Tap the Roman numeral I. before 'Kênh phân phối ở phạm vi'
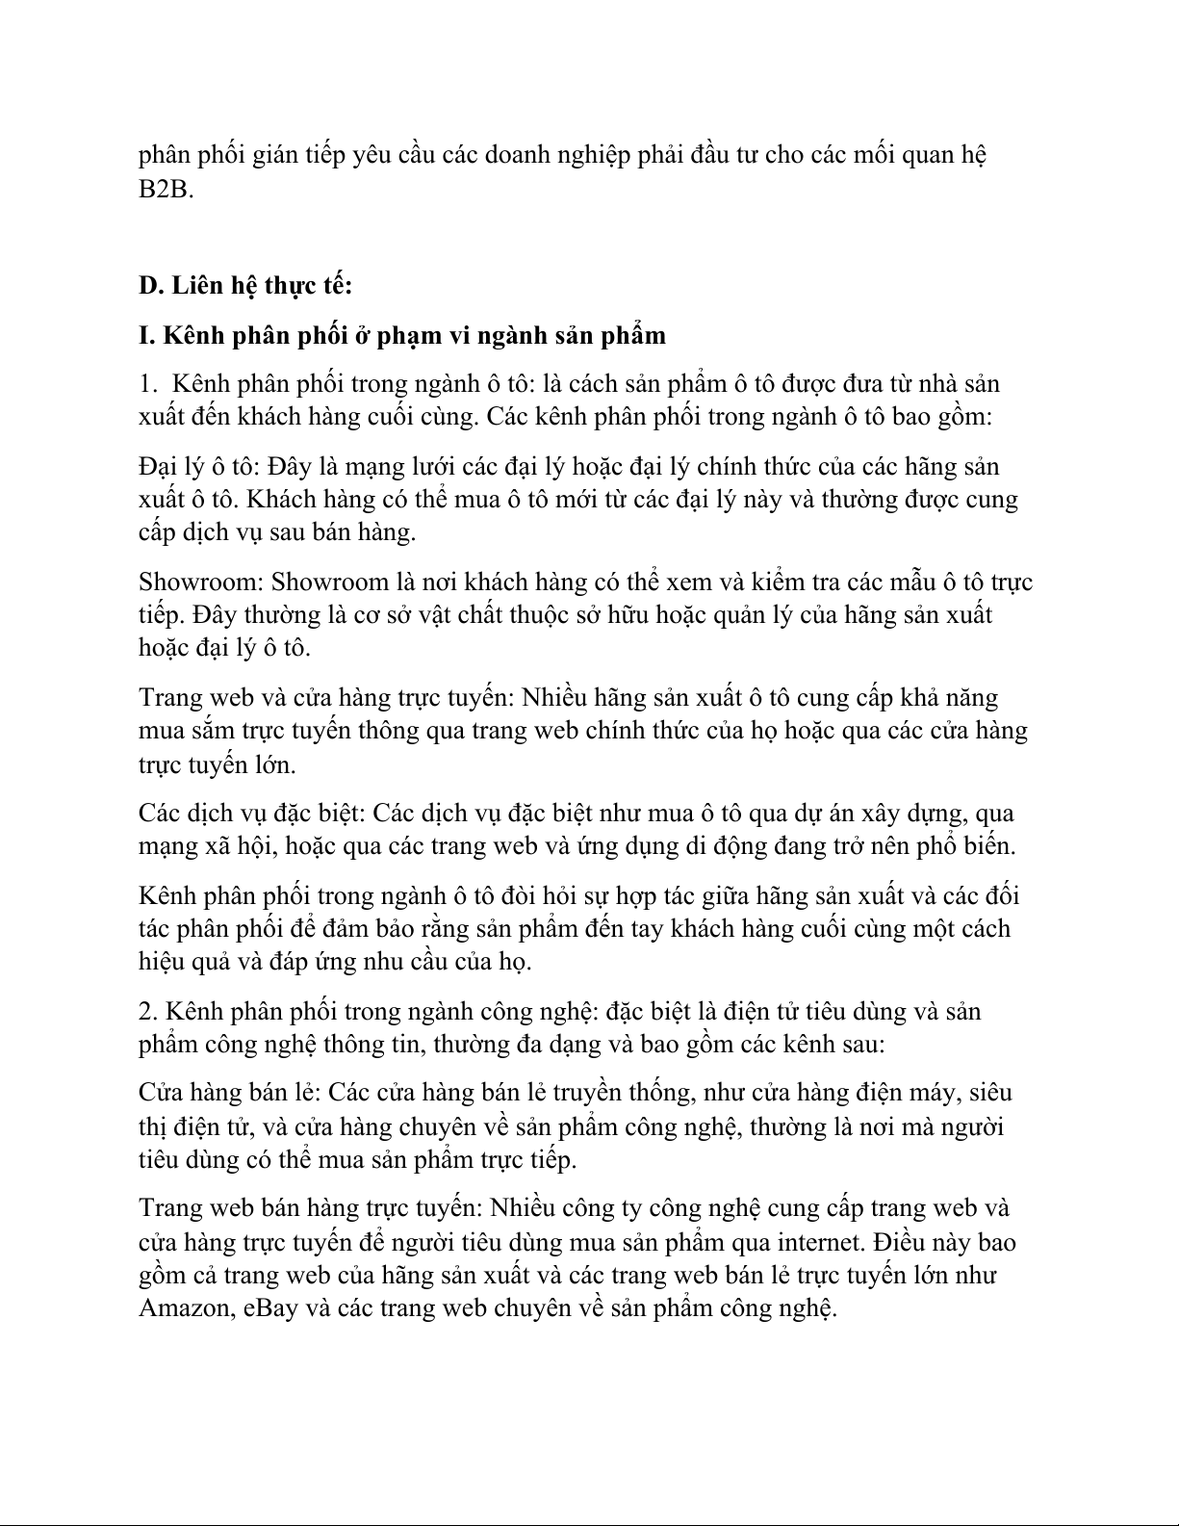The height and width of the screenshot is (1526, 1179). click(x=147, y=335)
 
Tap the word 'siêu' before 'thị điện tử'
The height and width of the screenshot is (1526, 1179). click(x=990, y=1093)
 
